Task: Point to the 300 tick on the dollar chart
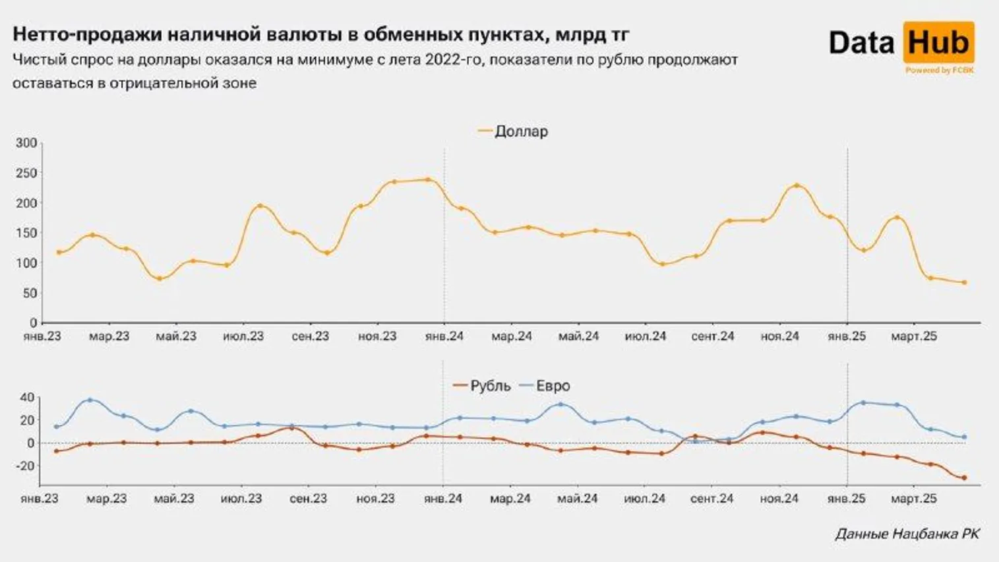pos(26,143)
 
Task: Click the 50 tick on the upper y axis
pos(30,293)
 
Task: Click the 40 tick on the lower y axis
pos(26,398)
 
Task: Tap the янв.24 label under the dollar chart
pos(444,336)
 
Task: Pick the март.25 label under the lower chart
pos(913,499)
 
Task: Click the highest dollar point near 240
pos(428,179)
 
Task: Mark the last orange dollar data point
pos(964,283)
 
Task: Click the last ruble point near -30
pos(964,478)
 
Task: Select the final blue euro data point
pos(964,437)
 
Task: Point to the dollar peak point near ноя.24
pos(797,185)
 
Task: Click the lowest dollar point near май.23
pos(160,278)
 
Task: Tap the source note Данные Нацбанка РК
pos(907,534)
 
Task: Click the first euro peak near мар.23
pos(90,400)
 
